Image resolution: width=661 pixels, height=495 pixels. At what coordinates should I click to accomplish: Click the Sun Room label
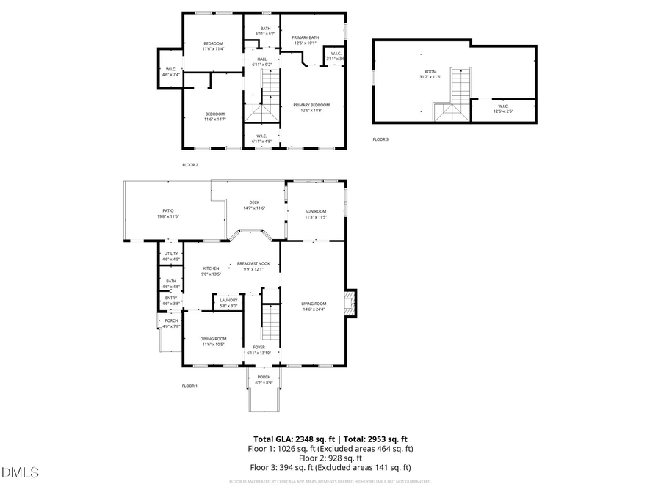(x=316, y=213)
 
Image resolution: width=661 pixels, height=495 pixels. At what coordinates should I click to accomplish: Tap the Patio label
(x=167, y=213)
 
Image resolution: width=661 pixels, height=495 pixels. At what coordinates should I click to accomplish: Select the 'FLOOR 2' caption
(x=190, y=165)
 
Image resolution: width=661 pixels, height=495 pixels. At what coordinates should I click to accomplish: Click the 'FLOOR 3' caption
(x=380, y=139)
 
